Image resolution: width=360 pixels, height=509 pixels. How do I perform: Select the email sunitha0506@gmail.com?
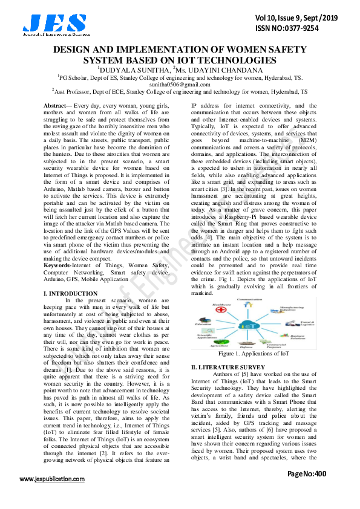[180, 85]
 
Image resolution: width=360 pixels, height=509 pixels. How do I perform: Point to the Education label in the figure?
[203, 324]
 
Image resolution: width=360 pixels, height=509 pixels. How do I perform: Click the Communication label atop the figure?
[249, 299]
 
